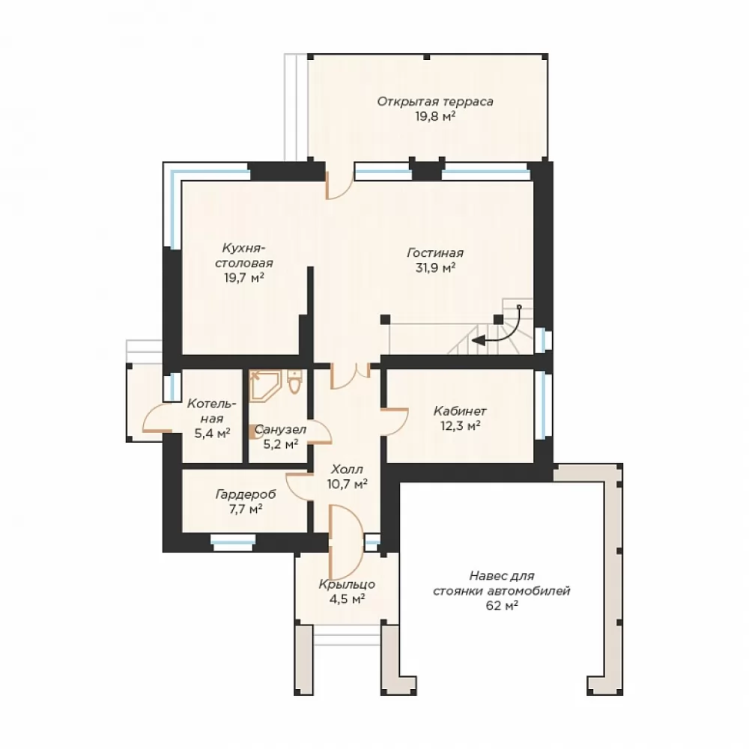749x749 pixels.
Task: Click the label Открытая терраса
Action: (435, 102)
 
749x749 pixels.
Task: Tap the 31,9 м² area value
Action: (435, 267)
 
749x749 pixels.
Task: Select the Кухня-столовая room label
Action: (244, 255)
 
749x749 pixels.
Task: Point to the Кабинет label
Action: (460, 410)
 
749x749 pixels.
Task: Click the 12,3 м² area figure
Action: (460, 425)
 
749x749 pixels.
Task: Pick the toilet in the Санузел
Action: (294, 382)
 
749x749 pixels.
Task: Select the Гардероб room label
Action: (246, 494)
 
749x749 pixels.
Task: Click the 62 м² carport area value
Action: (502, 606)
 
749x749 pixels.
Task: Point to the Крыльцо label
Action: (348, 584)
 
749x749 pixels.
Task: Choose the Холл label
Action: (348, 469)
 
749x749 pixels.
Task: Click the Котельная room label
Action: (212, 411)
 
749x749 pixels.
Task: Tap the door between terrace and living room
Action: (339, 185)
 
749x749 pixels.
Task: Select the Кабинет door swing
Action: (395, 421)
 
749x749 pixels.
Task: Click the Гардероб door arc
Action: (299, 487)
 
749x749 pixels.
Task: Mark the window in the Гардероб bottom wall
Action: (233, 541)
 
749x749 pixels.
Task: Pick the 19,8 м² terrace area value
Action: (435, 117)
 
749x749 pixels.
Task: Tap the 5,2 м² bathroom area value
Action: (281, 444)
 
